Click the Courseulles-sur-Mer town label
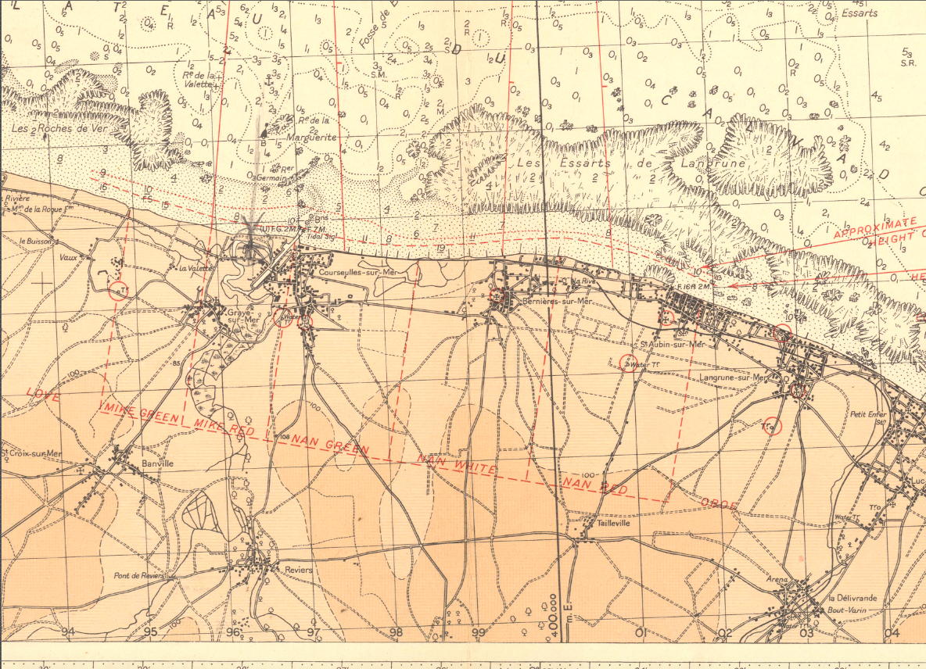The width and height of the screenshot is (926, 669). (x=354, y=271)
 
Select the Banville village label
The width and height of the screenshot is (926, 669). (x=158, y=463)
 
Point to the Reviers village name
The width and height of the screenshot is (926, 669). (x=299, y=570)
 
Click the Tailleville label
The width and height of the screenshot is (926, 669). (x=613, y=525)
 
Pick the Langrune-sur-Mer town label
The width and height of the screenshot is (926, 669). (x=733, y=377)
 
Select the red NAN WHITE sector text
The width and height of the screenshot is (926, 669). (x=457, y=464)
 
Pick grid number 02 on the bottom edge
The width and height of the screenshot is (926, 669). (x=725, y=632)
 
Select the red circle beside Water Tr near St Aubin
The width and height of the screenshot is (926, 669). (x=627, y=362)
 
